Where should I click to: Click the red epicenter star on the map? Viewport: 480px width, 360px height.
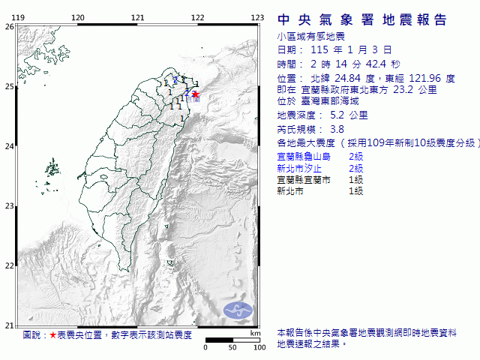(x=196, y=94)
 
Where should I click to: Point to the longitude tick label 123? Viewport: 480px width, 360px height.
(x=257, y=17)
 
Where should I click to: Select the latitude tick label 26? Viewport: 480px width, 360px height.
(x=9, y=26)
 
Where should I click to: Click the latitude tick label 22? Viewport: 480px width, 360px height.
(x=9, y=265)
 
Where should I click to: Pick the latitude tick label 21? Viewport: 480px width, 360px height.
(x=9, y=325)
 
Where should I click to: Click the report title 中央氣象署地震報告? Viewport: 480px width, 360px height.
(x=362, y=19)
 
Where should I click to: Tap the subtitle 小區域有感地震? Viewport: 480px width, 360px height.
(x=307, y=36)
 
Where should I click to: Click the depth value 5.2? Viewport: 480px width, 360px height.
(x=338, y=115)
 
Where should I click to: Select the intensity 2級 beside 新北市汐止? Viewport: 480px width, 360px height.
(x=355, y=169)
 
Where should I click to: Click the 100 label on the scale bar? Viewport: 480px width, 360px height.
(x=259, y=347)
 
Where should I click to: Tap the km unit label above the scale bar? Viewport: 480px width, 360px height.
(x=255, y=333)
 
